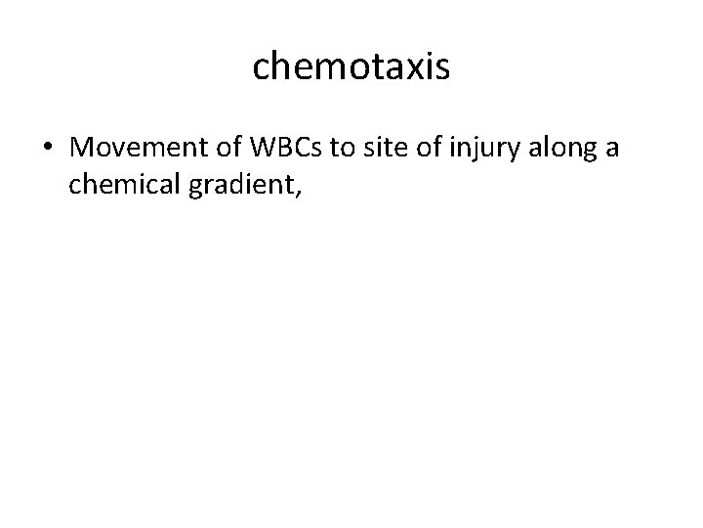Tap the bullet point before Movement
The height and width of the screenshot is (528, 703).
click(47, 149)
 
